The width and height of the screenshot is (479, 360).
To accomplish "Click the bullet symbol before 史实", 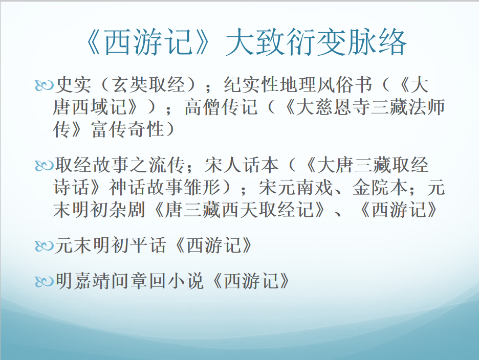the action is coord(45,85).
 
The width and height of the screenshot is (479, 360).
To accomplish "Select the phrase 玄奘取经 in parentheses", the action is coord(149,84).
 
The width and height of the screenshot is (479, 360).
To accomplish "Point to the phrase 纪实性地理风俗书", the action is coord(298,84).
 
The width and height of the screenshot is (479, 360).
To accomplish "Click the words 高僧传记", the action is coord(221,107).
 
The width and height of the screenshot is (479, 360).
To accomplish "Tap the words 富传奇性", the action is coord(127,129).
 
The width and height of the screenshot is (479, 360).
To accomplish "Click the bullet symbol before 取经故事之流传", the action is coord(45,166).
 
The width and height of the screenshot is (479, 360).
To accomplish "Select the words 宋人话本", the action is coord(242,165).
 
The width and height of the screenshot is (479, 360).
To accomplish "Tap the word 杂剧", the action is coord(127,210).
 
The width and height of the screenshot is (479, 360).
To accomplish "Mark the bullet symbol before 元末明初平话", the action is coord(45,246).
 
